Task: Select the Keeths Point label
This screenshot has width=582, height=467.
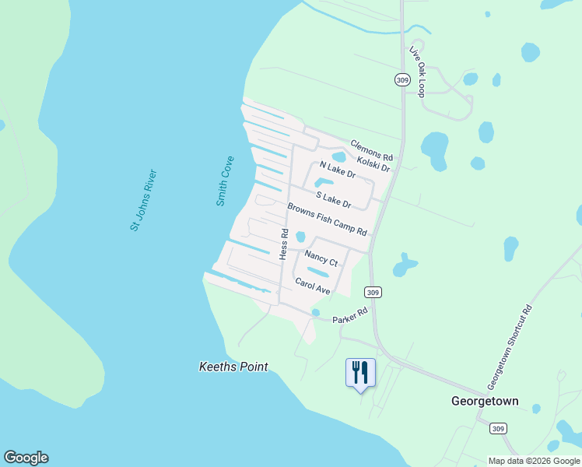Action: pyautogui.click(x=233, y=367)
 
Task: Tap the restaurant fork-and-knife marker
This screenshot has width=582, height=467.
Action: pyautogui.click(x=359, y=372)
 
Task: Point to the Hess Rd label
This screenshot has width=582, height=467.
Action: pyautogui.click(x=284, y=244)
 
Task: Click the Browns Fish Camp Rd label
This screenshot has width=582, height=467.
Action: pyautogui.click(x=327, y=219)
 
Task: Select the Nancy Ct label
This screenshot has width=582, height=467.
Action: pyautogui.click(x=321, y=258)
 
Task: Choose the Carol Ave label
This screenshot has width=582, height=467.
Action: pyautogui.click(x=313, y=286)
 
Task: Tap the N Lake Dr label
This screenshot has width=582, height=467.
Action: pyautogui.click(x=338, y=169)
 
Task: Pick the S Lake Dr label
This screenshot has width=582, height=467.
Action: pyautogui.click(x=334, y=200)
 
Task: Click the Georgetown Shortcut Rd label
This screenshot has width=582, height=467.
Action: pyautogui.click(x=510, y=347)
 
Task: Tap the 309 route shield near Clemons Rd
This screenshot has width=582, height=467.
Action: pyautogui.click(x=401, y=80)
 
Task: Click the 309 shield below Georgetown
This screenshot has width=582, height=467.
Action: pyautogui.click(x=499, y=429)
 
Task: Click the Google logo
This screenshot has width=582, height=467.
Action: pyautogui.click(x=26, y=458)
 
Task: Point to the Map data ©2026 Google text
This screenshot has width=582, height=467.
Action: pyautogui.click(x=534, y=461)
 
